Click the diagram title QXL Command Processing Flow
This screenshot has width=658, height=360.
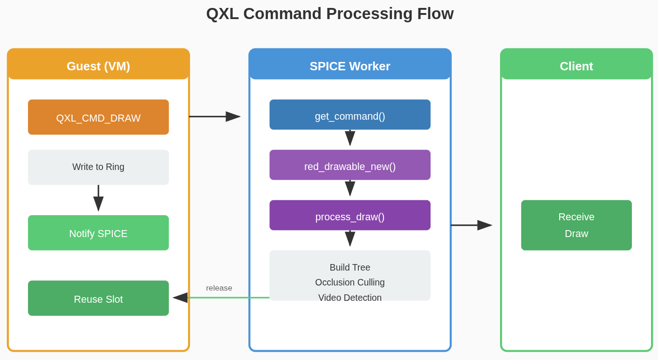coord(329,14)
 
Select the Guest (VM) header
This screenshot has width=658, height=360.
coord(98,66)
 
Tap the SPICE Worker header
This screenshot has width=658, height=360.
coord(350,66)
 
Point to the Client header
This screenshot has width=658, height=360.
coord(576,66)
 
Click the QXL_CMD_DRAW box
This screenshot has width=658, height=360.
coord(98,117)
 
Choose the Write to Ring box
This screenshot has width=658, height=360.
coord(98,167)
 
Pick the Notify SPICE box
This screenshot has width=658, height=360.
coord(98,233)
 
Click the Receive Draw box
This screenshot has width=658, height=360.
coord(576,225)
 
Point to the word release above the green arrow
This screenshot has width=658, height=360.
coord(219,288)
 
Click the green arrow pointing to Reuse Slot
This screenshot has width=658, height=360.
coord(224,298)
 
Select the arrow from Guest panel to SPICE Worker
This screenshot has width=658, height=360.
coord(214,116)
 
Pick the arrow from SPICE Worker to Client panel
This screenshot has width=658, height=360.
coord(471,225)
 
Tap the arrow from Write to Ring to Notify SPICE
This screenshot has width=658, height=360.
coord(98,198)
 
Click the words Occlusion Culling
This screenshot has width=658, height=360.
coord(350,283)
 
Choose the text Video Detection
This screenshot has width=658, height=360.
coord(350,298)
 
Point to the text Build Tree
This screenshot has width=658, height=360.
coord(350,268)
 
